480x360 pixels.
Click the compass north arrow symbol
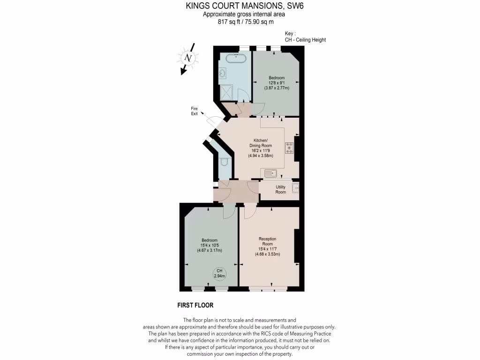click(x=188, y=58)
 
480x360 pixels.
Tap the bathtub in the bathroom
click(x=236, y=60)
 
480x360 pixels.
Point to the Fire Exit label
click(x=194, y=111)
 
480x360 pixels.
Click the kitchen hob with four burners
click(x=289, y=149)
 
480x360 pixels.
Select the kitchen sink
click(x=271, y=173)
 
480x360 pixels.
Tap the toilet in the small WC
click(x=224, y=163)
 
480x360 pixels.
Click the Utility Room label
click(x=280, y=189)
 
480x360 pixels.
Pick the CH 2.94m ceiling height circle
click(x=219, y=273)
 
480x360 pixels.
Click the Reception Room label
click(x=267, y=241)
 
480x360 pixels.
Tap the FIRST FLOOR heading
click(x=195, y=305)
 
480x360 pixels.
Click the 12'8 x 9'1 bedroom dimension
click(x=276, y=83)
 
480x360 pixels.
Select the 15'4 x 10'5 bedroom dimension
click(x=210, y=245)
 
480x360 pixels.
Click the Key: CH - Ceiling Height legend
click(x=305, y=37)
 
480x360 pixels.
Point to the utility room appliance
click(x=295, y=189)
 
